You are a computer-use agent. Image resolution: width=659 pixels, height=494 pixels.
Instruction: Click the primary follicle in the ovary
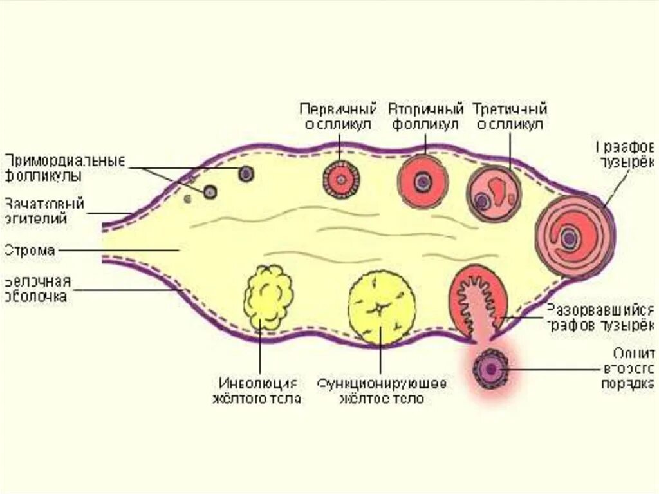coord(340,178)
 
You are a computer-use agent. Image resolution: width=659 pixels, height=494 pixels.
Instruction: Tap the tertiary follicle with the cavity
coord(493,193)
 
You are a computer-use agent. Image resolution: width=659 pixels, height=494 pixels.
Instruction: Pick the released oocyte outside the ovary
coord(491,369)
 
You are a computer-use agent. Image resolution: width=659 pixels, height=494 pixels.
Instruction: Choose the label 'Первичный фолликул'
coord(337,116)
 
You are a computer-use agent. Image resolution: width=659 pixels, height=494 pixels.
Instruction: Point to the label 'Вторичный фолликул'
coord(426,116)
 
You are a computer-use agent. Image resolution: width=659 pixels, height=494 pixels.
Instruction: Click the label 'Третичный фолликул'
coord(510,116)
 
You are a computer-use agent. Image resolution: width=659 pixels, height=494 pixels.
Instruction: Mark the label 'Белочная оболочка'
coord(37,289)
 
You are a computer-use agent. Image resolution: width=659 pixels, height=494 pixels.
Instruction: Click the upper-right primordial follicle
coord(246,173)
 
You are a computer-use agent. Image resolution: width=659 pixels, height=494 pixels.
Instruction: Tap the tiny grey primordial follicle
coord(188,198)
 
